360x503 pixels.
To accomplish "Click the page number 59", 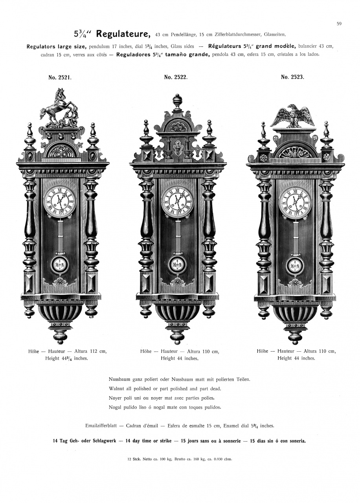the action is coord(339,24).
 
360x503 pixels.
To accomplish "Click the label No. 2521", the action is coord(60,78).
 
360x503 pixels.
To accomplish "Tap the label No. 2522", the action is coord(176,77).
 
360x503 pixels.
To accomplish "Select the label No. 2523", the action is coord(292,77).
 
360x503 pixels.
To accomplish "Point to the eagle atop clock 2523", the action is coord(292,116).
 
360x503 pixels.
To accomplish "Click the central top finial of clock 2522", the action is coord(178,102).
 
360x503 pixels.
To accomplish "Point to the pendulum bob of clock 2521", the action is coord(59,265).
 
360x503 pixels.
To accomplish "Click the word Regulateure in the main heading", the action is coord(123,34).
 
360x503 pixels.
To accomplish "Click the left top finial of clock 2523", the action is coord(264,137).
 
